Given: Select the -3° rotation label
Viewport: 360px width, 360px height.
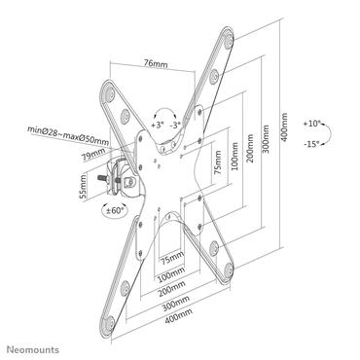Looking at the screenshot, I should click(176, 125).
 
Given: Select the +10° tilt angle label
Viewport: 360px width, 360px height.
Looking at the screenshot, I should click(311, 125).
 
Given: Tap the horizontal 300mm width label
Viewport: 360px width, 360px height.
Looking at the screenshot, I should click(174, 304).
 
